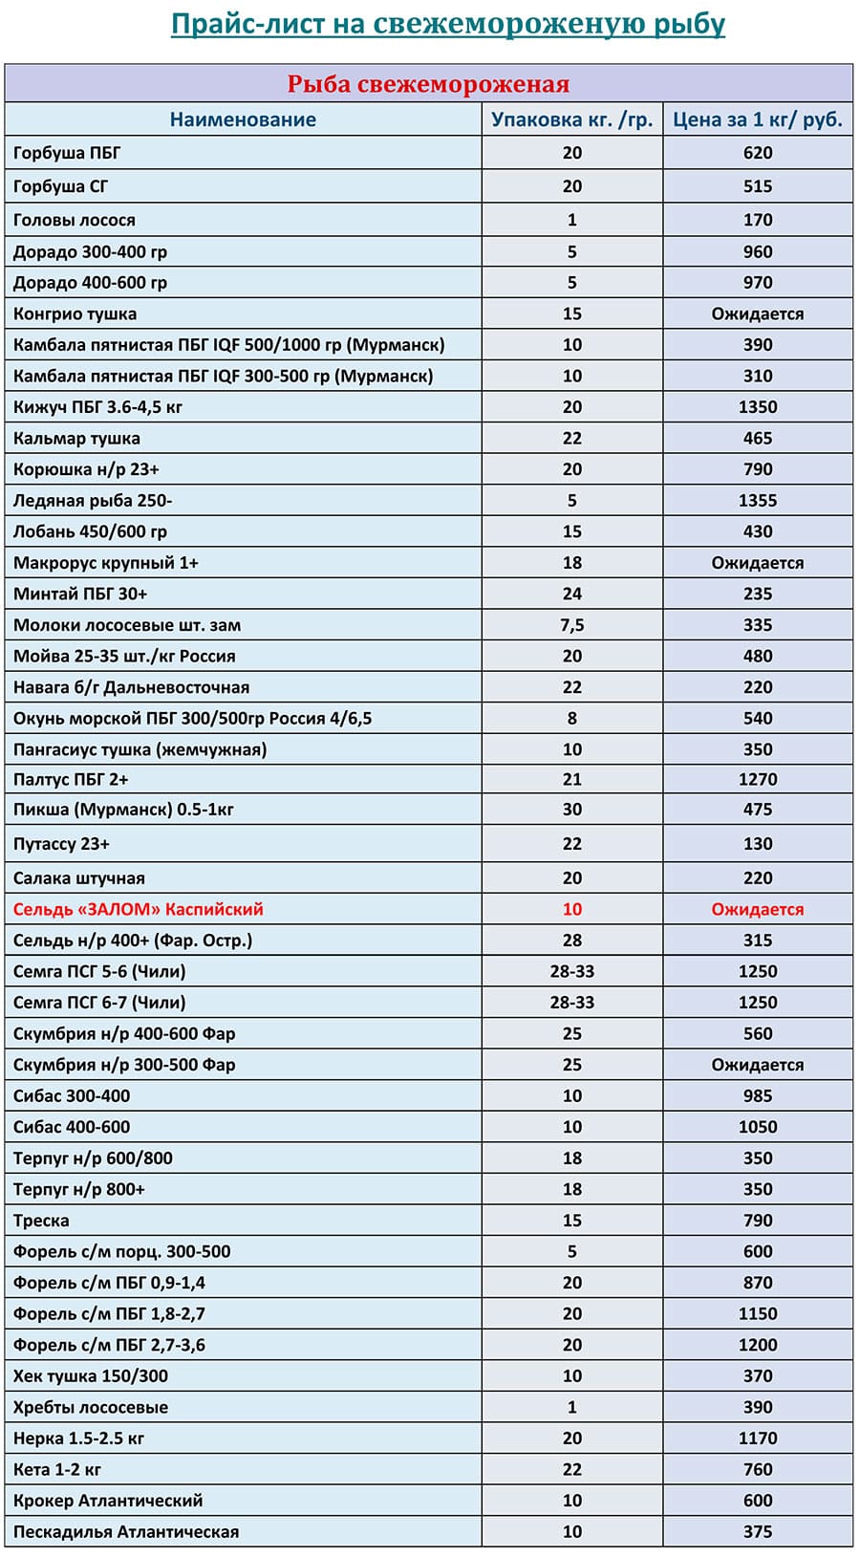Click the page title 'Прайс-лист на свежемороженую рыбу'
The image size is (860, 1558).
click(x=447, y=24)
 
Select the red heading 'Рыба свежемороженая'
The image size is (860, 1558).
click(x=428, y=84)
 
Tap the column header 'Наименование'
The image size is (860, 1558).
click(x=243, y=119)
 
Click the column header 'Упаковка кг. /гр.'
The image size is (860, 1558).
click(x=571, y=119)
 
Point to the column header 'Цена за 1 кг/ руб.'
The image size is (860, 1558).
click(x=758, y=119)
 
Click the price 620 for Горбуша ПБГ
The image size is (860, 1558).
click(x=758, y=153)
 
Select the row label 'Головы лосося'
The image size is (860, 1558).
click(x=75, y=220)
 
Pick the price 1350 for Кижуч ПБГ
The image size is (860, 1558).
click(x=758, y=407)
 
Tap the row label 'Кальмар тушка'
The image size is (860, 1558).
click(x=76, y=439)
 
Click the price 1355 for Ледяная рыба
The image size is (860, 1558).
click(x=758, y=501)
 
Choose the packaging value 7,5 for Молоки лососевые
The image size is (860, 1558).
click(x=571, y=625)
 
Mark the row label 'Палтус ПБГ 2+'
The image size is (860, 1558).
click(x=71, y=780)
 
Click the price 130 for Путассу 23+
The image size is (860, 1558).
click(x=758, y=844)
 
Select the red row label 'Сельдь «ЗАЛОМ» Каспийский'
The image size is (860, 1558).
click(x=138, y=910)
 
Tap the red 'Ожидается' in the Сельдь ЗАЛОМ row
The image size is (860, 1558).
click(x=758, y=910)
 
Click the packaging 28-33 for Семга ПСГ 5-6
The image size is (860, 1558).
click(x=571, y=972)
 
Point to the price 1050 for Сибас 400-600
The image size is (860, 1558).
click(x=758, y=1128)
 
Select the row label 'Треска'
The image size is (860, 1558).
click(x=41, y=1221)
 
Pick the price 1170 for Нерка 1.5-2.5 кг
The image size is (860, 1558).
click(x=758, y=1439)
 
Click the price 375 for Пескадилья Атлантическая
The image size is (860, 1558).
click(x=758, y=1532)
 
